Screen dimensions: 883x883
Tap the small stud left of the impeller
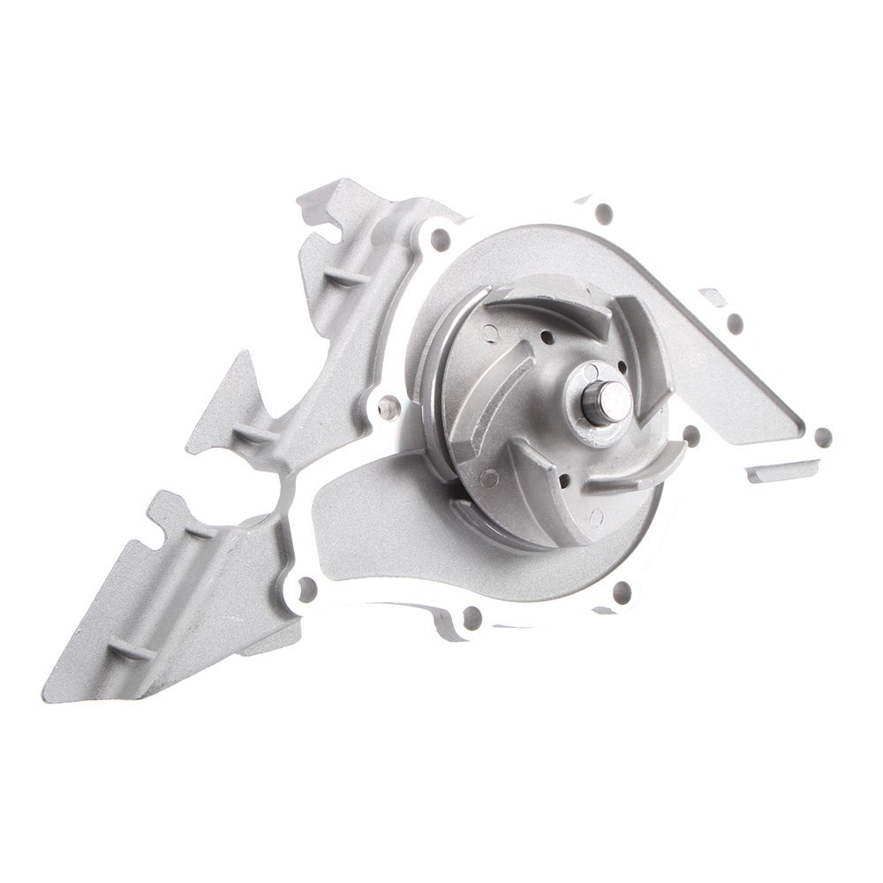click(x=386, y=407)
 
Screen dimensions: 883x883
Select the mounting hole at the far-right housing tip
click(x=823, y=437)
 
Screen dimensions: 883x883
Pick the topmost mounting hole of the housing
click(x=604, y=213)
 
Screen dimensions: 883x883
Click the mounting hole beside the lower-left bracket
click(x=306, y=586)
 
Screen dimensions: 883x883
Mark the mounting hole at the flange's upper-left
click(x=440, y=238)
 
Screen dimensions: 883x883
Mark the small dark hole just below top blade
click(x=547, y=337)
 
